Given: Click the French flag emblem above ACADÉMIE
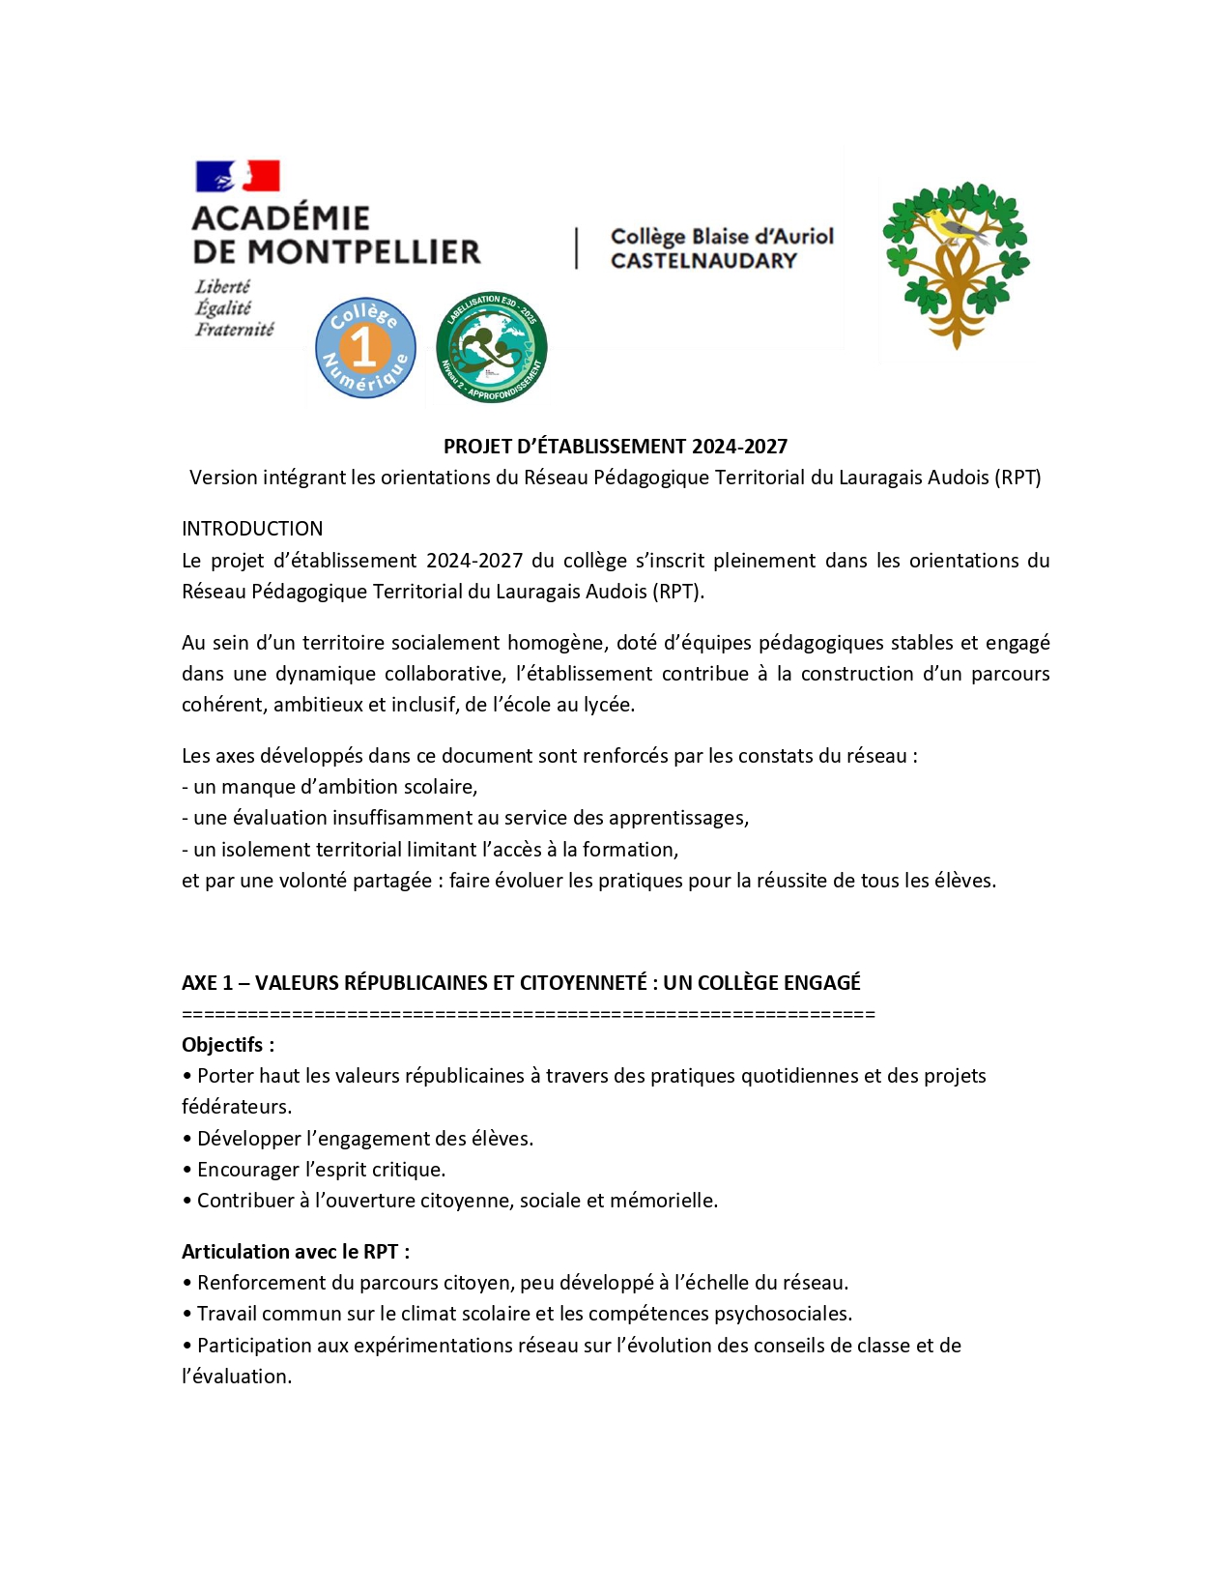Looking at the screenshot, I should [238, 176].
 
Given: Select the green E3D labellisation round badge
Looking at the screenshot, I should [491, 347].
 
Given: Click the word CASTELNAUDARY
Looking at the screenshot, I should [703, 261].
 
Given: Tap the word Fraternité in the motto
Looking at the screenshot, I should [234, 330].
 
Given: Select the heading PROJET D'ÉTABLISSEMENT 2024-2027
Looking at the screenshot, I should [616, 447].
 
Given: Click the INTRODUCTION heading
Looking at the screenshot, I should [252, 529].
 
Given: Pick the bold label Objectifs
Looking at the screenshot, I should [227, 1045].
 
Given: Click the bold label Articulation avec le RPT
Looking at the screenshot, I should [295, 1252].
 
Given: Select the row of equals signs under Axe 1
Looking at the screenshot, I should [528, 1014].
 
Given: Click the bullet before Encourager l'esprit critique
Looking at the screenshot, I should [186, 1170].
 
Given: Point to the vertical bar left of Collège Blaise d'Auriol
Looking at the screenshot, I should [577, 248].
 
